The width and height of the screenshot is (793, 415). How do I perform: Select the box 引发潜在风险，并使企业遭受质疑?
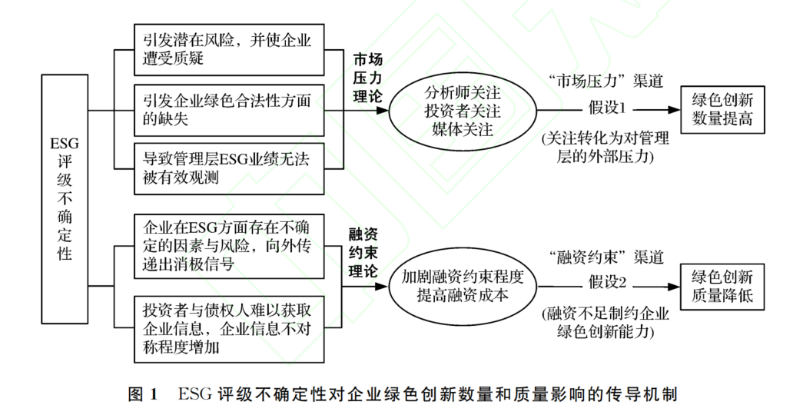coord(228,49)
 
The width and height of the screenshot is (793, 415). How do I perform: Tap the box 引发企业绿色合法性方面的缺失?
coord(228,110)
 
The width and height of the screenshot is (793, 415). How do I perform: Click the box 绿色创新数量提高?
coord(722,110)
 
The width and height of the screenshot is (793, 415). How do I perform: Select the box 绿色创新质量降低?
coord(722,285)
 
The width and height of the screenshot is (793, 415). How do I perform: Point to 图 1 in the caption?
coord(141,395)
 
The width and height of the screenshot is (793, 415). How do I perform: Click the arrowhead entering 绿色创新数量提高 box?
coord(675,110)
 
